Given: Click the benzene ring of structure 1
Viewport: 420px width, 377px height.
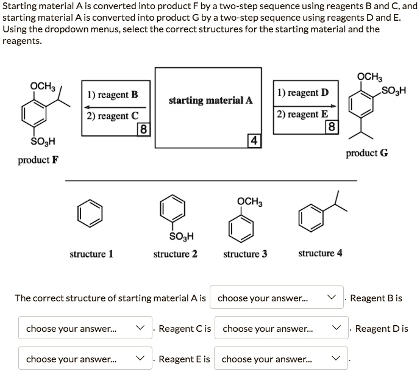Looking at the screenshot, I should pos(90,213).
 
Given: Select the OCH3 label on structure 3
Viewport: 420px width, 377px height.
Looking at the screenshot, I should pos(249,201).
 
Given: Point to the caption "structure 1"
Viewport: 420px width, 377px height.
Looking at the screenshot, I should pos(91,254).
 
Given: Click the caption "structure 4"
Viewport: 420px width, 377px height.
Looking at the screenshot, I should pos(320,253).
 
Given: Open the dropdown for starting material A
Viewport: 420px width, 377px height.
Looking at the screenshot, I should pos(276,298).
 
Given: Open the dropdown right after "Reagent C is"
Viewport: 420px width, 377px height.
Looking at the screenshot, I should pos(281,328).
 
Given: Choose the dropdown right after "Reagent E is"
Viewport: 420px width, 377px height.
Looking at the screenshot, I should pos(280,359).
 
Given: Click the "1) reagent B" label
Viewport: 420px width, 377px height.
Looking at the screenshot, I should pos(113,95).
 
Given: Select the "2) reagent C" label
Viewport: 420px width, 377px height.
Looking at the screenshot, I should pos(113,116).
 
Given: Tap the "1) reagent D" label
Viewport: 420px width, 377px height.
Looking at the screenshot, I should pos(302,93).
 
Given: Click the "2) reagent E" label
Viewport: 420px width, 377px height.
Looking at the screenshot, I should pos(302,114).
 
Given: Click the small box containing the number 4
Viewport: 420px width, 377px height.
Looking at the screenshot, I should pos(254,141).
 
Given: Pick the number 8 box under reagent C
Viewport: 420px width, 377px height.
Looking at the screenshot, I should pos(142,129).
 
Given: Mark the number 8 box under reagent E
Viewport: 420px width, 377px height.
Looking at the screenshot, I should pos(331,127).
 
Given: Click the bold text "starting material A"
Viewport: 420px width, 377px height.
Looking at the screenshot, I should pos(210,101).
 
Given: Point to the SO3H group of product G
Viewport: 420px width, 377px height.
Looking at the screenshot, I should pos(393,92).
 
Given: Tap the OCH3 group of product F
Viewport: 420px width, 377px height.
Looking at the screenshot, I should pos(43,86).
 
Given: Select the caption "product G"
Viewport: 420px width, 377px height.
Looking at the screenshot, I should pos(366,153).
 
